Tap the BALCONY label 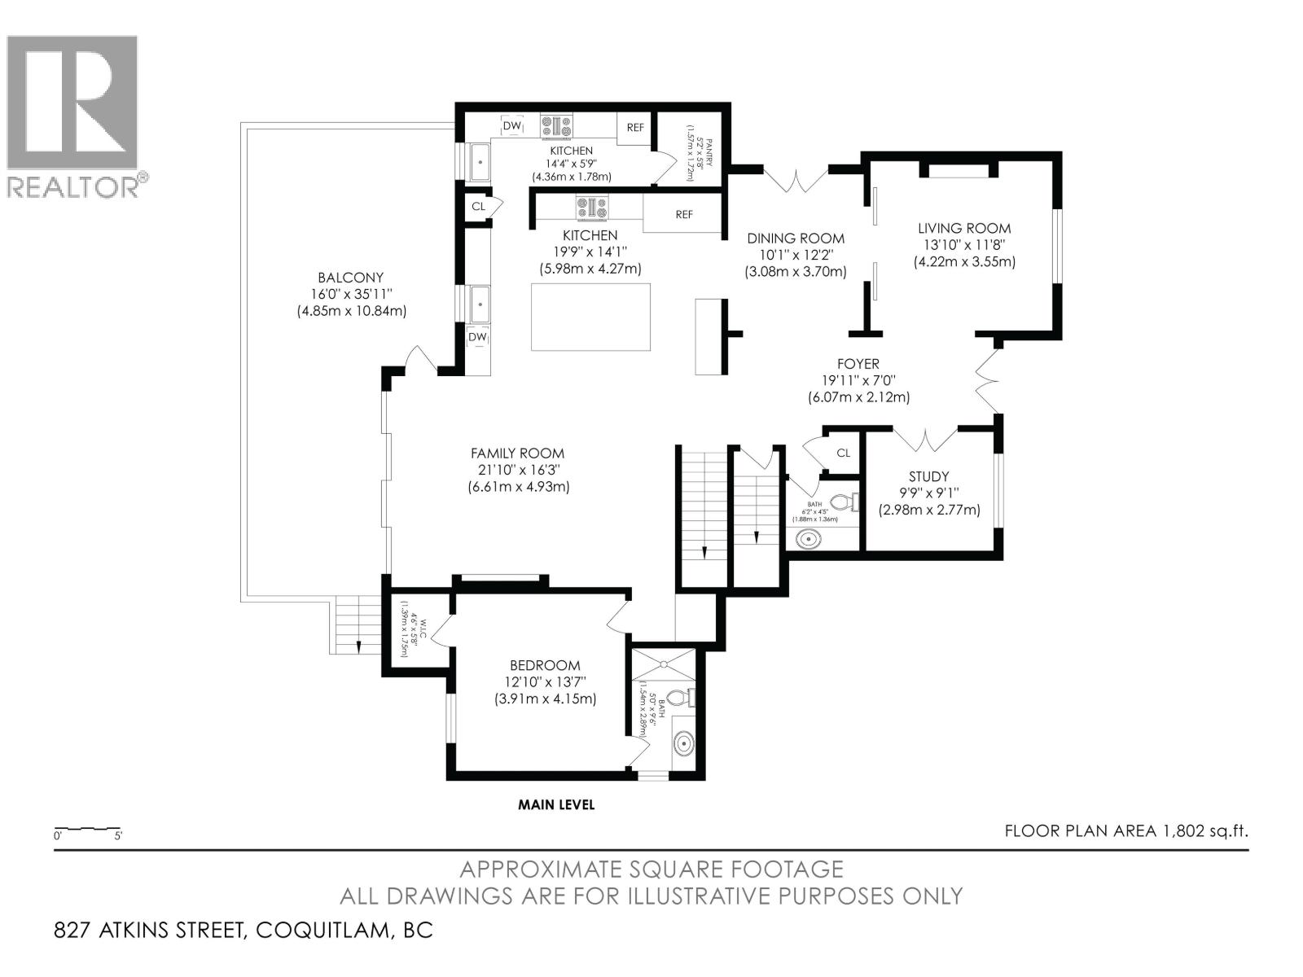[350, 278]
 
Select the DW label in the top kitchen [511, 127]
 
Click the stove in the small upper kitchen [556, 126]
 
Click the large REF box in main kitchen [683, 215]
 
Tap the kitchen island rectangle [590, 317]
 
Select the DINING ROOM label [796, 239]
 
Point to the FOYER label [858, 364]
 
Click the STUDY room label [928, 477]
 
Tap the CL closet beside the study [843, 453]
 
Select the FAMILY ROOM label [517, 453]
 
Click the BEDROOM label [545, 665]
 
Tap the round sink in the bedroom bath [684, 743]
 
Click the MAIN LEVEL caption [556, 805]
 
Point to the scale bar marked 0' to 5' [88, 830]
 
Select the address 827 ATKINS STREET [151, 931]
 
